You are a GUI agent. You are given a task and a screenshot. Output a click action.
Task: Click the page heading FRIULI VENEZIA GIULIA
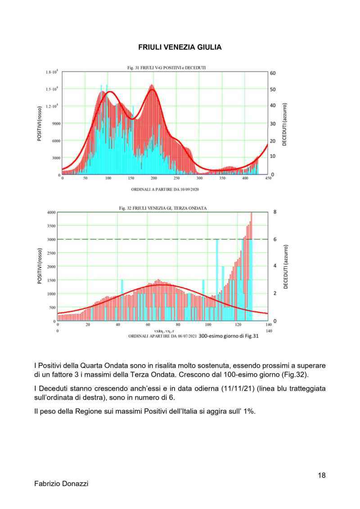click(x=180, y=47)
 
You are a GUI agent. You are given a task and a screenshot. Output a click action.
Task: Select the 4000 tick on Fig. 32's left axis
click(x=51, y=212)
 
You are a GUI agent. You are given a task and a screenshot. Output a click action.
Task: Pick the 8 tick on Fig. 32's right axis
click(x=274, y=212)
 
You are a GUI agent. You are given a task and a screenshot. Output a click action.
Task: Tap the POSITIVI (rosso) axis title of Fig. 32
click(x=40, y=267)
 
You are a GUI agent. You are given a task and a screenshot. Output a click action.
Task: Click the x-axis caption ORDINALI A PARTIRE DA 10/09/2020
click(x=165, y=189)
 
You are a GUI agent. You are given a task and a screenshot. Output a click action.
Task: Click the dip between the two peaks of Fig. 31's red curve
click(x=132, y=118)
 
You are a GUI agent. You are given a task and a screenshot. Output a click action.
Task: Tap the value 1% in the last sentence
click(x=247, y=411)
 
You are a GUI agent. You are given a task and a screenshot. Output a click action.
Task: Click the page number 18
click(x=321, y=475)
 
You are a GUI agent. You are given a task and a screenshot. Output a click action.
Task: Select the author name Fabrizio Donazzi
click(x=61, y=484)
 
